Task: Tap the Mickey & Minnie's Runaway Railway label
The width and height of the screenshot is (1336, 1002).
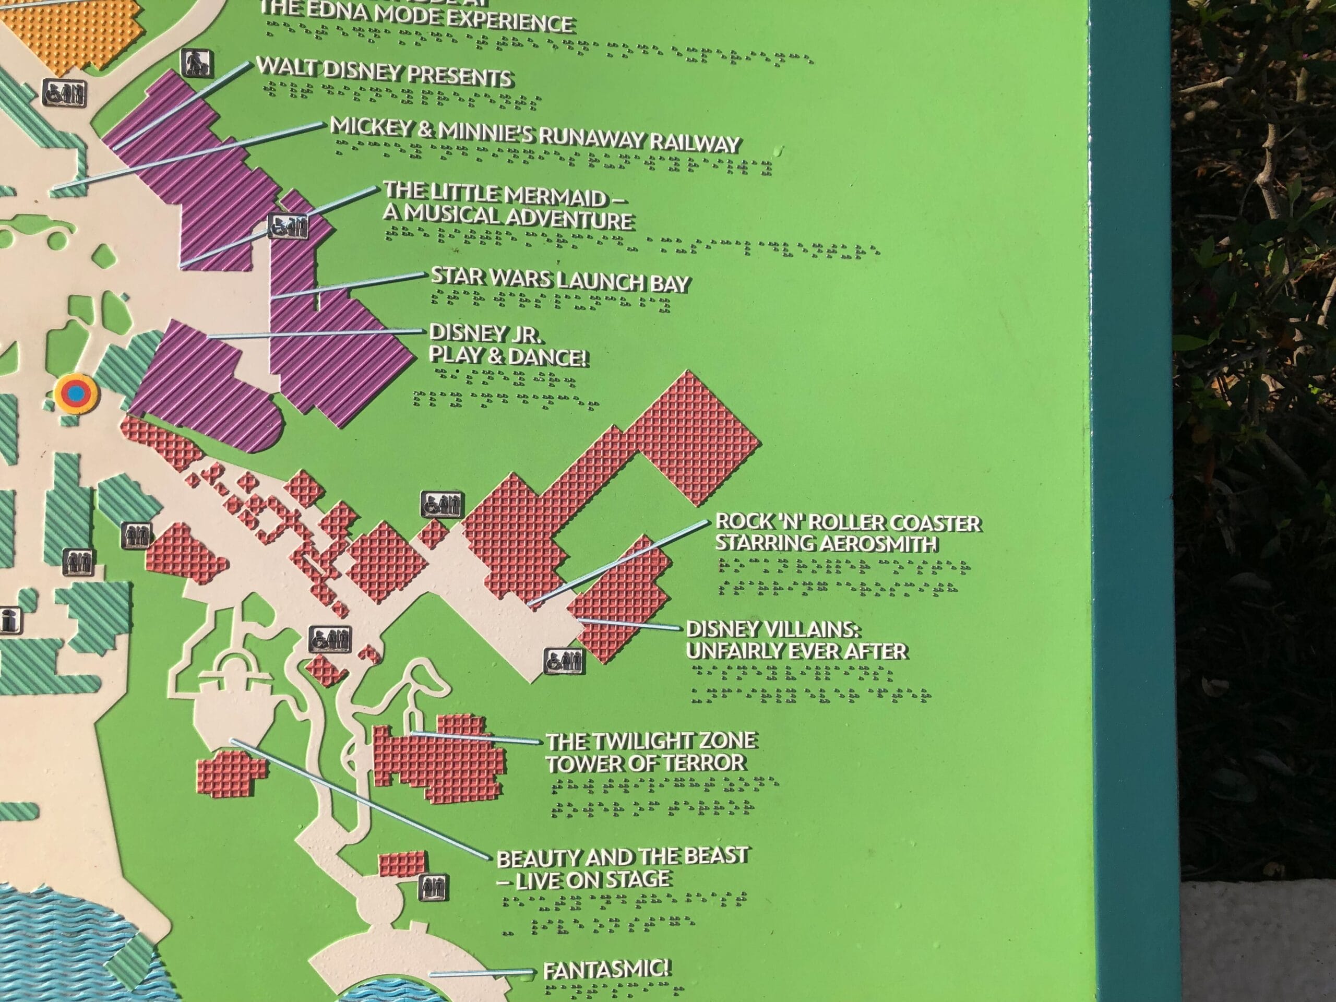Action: (534, 136)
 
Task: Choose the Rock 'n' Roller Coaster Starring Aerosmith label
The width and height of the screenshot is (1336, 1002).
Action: (848, 532)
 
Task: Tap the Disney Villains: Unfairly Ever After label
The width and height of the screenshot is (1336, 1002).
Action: (796, 640)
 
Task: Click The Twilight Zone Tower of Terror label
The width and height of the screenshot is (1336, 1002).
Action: (650, 751)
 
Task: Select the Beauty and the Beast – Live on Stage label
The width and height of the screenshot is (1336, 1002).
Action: (622, 867)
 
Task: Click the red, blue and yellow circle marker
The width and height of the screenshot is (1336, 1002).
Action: (76, 393)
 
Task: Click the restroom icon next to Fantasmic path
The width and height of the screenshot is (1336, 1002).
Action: (433, 887)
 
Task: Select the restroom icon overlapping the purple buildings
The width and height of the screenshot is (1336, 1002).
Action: (288, 226)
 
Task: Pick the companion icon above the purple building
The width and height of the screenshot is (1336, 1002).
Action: (197, 63)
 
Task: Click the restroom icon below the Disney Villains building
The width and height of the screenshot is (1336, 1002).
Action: (564, 661)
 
